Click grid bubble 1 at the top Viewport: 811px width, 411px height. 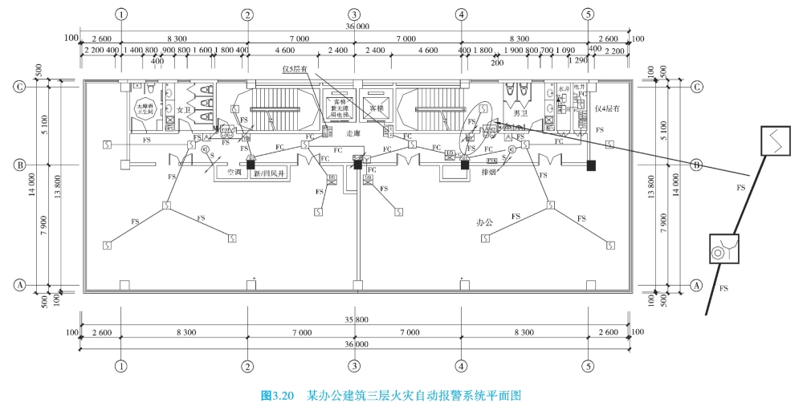[x=120, y=14]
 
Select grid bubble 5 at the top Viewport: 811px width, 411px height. [x=589, y=14]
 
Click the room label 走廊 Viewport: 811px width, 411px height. [x=354, y=132]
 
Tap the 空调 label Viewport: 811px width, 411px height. [x=234, y=172]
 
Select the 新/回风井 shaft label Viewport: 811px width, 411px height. [x=271, y=173]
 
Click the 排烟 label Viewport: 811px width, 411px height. [x=487, y=172]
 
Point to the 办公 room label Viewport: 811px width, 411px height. [x=484, y=222]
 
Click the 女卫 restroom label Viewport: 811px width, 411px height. [x=183, y=110]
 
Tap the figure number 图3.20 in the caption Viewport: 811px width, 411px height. [x=278, y=395]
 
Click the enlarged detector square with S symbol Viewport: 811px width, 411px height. [x=775, y=142]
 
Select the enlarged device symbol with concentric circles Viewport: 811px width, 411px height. [x=723, y=250]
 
